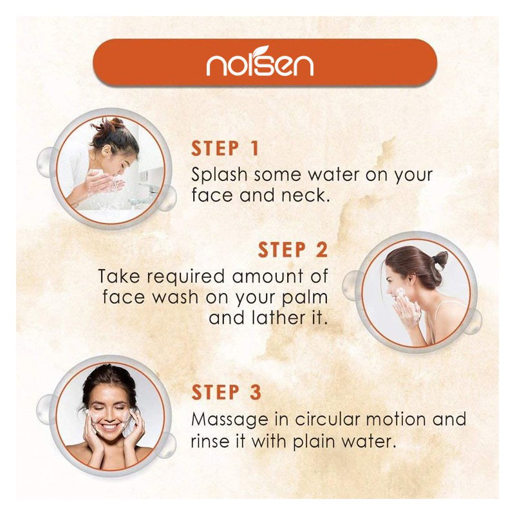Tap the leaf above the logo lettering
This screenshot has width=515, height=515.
(x=263, y=50)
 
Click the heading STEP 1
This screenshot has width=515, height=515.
(x=225, y=149)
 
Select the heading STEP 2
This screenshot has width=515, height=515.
(x=293, y=250)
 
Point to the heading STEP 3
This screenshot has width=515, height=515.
(x=227, y=392)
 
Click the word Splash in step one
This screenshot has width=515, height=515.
(x=219, y=174)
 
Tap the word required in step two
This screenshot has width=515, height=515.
(x=185, y=277)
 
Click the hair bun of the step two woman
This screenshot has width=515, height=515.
(x=440, y=259)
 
